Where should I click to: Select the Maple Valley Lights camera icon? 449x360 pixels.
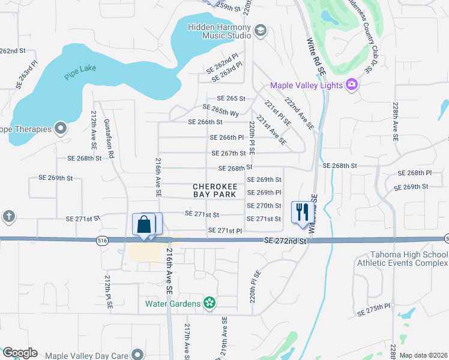352,86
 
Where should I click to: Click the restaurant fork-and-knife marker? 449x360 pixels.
301,212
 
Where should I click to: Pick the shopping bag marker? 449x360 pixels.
144,225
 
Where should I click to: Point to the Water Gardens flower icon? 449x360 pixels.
209,304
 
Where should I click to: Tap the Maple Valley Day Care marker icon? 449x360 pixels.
138,355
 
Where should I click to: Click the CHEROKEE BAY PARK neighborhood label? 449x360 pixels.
215,190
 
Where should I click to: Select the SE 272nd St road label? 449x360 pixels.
286,241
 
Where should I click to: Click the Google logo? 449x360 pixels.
20,353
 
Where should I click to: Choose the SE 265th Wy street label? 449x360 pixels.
221,111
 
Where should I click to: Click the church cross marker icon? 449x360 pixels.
8,216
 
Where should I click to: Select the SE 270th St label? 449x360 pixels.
264,206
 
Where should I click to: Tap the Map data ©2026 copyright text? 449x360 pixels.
423,355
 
